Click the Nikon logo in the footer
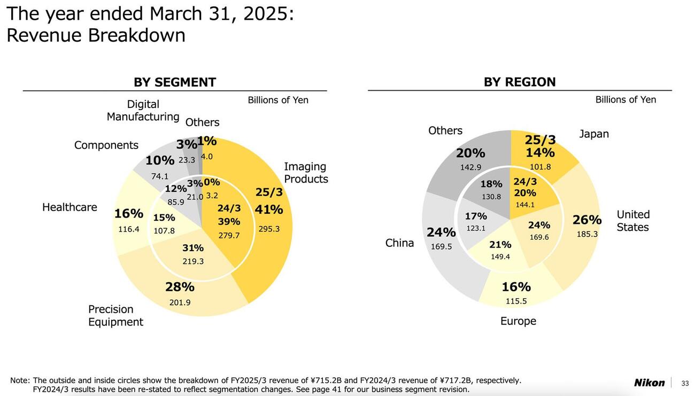click(649, 383)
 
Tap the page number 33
click(685, 383)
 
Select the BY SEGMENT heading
click(175, 82)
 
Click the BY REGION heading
click(520, 82)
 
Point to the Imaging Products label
click(306, 173)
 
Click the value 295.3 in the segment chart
click(269, 229)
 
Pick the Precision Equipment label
click(115, 315)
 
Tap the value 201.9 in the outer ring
click(180, 302)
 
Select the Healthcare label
click(69, 207)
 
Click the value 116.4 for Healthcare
click(129, 229)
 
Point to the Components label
click(106, 145)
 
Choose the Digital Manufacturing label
click(143, 110)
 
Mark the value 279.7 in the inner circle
click(229, 235)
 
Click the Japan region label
click(594, 134)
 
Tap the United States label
click(633, 221)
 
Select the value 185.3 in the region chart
click(587, 234)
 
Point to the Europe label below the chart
click(518, 321)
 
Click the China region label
click(399, 243)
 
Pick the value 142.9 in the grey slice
click(470, 167)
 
